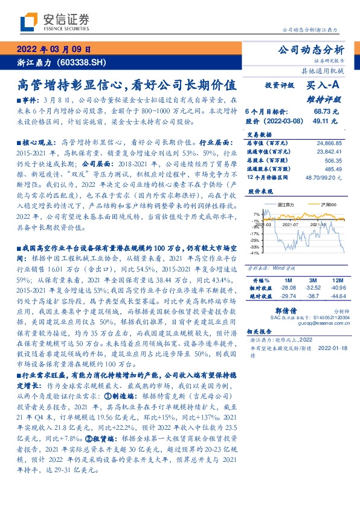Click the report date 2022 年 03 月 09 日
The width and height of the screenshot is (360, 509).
53,49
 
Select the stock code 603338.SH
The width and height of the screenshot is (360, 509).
85,62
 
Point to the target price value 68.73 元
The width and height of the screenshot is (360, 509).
326,112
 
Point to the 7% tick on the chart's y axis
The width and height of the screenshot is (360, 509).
256,214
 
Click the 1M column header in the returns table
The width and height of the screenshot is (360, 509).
288,281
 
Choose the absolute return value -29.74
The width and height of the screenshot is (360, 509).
287,297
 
